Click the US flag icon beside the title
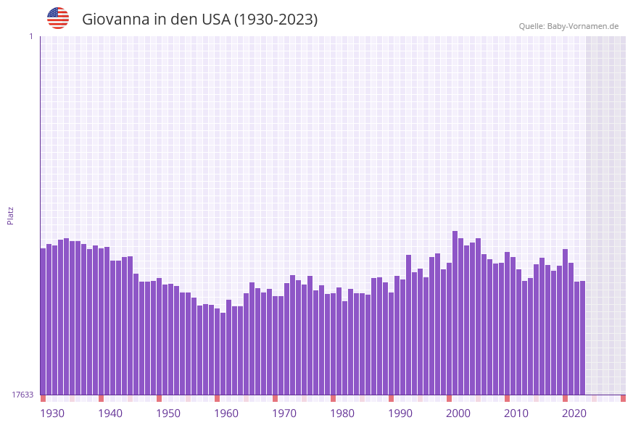[58, 18]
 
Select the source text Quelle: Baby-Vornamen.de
[568, 26]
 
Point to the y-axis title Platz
[10, 215]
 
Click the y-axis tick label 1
[30, 36]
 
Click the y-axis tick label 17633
[22, 395]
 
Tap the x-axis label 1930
[51, 413]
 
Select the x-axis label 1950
[168, 413]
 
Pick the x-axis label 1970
[284, 413]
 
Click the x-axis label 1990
[400, 413]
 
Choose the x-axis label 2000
[458, 413]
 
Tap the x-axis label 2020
[574, 413]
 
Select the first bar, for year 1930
[43, 321]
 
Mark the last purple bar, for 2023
[582, 337]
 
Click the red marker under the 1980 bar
[333, 398]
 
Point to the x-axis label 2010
[516, 413]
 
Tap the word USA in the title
[216, 20]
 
